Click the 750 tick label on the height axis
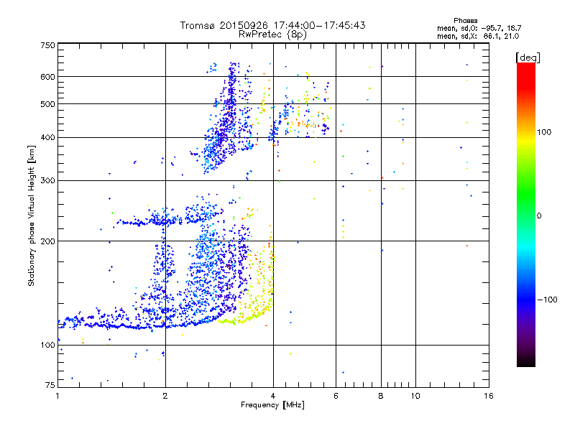pos(47,45)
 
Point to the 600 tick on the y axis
pos(47,77)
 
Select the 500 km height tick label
pos(47,104)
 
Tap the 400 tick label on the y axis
pos(47,137)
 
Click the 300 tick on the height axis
pos(47,180)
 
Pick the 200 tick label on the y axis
pos(47,241)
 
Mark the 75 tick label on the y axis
pos(50,386)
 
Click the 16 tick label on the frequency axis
pos(488,396)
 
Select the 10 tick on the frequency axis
pos(415,396)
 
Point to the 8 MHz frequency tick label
pos(381,396)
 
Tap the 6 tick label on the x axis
pos(336,396)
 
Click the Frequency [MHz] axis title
pos(273,406)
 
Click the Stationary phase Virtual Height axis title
pos(32,215)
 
